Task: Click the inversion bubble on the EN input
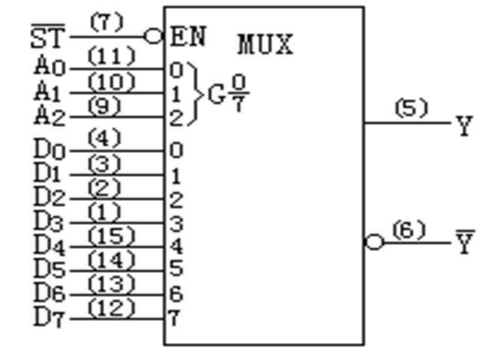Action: [x=155, y=36]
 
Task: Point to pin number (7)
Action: [x=107, y=22]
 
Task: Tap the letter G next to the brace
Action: [x=217, y=95]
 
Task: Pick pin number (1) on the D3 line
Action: [x=110, y=211]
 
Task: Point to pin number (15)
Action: [x=111, y=235]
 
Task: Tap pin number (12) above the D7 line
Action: [x=111, y=307]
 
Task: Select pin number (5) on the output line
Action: [x=410, y=109]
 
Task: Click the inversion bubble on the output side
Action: [x=373, y=242]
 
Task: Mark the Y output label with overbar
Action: [x=465, y=244]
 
